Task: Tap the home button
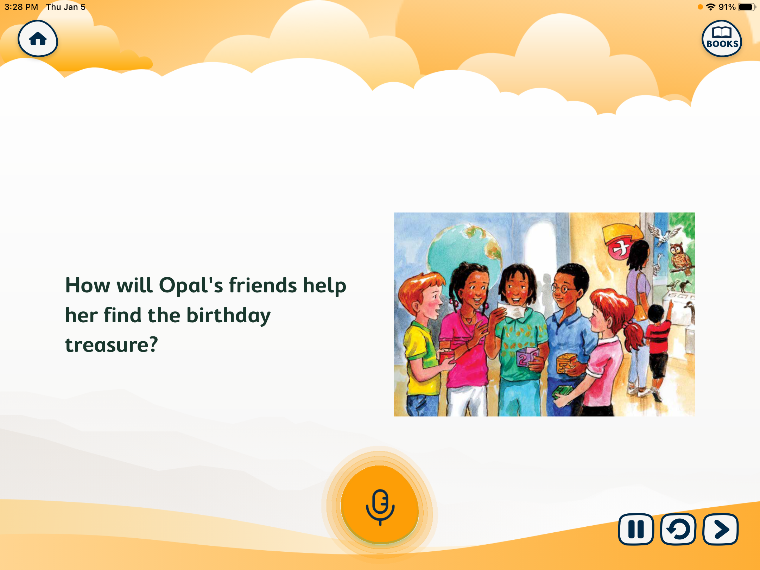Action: (x=38, y=38)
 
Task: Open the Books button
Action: (x=722, y=38)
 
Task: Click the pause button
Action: (x=636, y=529)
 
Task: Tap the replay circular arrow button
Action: (x=678, y=529)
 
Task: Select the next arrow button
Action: (x=720, y=529)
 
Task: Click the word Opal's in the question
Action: (x=191, y=285)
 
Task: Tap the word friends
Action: (x=263, y=285)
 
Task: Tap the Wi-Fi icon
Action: (x=711, y=7)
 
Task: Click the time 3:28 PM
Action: (x=21, y=7)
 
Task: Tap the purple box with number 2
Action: (x=527, y=358)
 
